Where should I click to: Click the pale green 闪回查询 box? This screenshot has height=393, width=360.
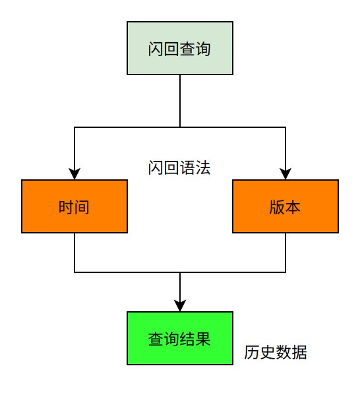tap(180, 48)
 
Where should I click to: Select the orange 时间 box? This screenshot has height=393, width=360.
tap(75, 206)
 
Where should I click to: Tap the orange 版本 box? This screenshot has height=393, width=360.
tap(285, 206)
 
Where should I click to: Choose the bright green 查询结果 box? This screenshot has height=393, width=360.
tap(180, 338)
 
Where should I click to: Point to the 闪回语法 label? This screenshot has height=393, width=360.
tap(179, 167)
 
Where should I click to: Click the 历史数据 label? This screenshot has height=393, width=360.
tap(276, 352)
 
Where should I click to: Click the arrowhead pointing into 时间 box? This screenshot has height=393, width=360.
tap(75, 174)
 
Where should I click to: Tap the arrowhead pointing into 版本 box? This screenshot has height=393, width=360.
tap(285, 174)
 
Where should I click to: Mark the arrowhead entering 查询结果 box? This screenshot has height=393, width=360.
tap(180, 306)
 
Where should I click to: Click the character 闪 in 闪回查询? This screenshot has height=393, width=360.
tap(156, 49)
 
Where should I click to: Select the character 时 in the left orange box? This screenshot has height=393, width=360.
tap(66, 207)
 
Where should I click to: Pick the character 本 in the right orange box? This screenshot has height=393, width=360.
tap(293, 207)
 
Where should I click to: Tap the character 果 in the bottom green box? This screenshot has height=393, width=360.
tap(203, 339)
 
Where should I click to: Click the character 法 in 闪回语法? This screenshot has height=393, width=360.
tap(203, 167)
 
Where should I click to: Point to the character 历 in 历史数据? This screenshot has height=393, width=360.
tap(252, 352)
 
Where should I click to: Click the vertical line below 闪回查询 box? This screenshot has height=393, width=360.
tap(180, 101)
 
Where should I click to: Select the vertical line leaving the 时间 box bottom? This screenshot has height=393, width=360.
tap(75, 253)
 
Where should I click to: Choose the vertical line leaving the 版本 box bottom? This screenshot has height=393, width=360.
tap(285, 253)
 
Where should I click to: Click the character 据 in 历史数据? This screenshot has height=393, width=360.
tap(299, 352)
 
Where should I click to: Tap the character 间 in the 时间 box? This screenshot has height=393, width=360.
tap(82, 207)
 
